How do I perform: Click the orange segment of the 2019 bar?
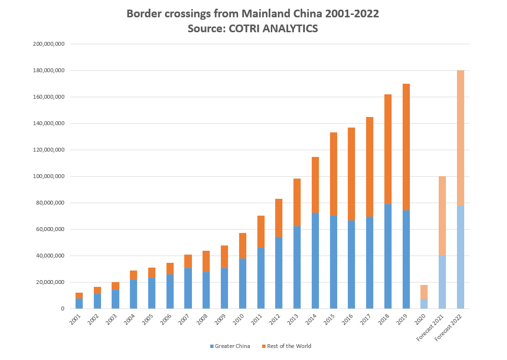[406, 147]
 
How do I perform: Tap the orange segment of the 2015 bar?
[333, 174]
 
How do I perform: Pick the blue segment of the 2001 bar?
[79, 303]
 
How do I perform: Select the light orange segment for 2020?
[424, 292]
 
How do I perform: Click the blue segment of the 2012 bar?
[279, 272]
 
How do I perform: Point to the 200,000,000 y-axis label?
[49, 44]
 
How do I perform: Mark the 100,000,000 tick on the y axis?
[49, 177]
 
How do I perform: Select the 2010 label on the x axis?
[240, 320]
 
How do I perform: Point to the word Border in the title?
[143, 13]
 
